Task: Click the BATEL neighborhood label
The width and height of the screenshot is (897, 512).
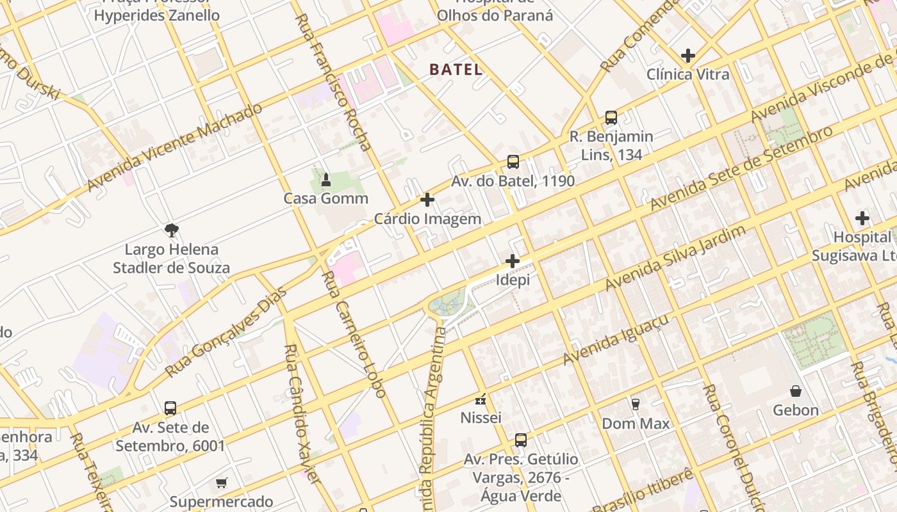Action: [x=456, y=70]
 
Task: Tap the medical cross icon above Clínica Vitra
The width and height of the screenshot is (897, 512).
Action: [x=688, y=56]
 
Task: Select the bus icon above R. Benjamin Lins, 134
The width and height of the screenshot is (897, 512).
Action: [x=611, y=118]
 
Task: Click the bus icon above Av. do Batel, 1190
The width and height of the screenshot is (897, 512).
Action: [x=513, y=162]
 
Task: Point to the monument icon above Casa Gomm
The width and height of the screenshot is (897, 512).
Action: [x=325, y=179]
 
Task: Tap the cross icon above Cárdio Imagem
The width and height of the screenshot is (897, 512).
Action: [x=427, y=200]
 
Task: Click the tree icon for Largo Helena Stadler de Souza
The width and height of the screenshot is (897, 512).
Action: [x=171, y=230]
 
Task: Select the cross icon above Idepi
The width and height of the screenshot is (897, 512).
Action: [x=513, y=261]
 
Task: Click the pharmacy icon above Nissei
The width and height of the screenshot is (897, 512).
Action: [x=481, y=399]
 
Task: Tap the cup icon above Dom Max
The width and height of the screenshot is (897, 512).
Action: [x=636, y=404]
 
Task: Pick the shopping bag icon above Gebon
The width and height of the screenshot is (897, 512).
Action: [x=796, y=391]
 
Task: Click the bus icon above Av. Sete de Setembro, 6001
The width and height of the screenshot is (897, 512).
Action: [x=170, y=408]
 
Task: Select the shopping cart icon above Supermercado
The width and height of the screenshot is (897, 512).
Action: [x=222, y=483]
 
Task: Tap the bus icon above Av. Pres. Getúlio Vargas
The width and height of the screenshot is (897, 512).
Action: [x=521, y=440]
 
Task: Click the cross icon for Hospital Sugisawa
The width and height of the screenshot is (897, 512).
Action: [x=862, y=218]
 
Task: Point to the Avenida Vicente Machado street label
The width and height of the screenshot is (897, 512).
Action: [x=174, y=147]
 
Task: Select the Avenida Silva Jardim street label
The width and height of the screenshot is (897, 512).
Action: [x=676, y=257]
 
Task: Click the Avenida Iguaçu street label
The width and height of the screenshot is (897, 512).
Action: [x=616, y=339]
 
